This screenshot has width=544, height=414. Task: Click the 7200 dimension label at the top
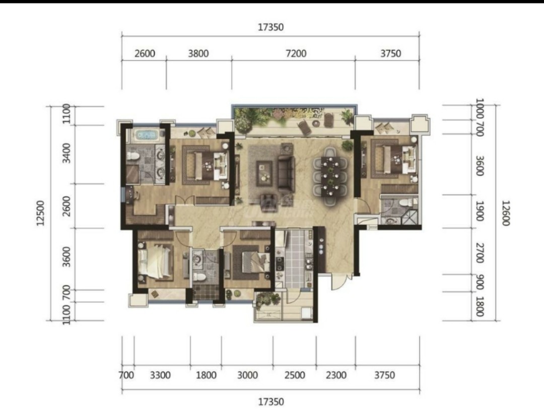296,53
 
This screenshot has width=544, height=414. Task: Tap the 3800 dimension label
198,53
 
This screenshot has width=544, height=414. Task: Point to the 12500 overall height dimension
41,213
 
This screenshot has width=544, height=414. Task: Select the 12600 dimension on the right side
506,213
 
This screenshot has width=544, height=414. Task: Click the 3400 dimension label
66,153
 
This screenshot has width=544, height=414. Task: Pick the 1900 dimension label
480,211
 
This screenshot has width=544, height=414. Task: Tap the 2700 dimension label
480,253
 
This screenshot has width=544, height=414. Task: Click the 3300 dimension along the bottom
160,375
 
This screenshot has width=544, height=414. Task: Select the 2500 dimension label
295,375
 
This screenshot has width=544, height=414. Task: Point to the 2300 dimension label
336,375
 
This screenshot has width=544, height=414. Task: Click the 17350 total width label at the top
270,27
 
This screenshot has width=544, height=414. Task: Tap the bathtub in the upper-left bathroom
146,135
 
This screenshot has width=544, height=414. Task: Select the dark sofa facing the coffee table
286,174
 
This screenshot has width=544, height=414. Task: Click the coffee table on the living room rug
264,173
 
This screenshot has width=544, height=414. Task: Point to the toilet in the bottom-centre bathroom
199,278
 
